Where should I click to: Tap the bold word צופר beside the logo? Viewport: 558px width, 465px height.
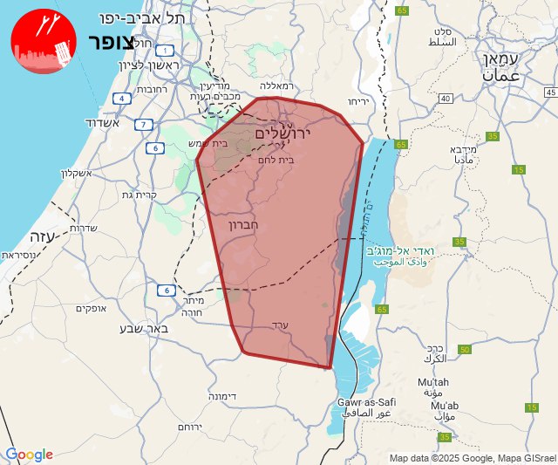point(112,43)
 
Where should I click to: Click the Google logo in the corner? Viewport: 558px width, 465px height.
point(29,455)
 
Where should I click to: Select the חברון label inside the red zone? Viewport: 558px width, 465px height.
point(268,224)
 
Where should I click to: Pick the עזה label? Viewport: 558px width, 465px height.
point(43,236)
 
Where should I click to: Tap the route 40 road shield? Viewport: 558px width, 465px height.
point(446,99)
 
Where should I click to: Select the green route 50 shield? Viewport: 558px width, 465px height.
point(465,349)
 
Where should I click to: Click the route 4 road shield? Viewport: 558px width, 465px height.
point(122,99)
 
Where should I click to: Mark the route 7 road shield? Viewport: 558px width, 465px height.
point(142,124)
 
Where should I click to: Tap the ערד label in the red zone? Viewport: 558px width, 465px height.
point(292,325)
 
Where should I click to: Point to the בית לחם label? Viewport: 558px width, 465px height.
point(276,161)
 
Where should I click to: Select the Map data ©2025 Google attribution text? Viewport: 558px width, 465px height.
point(440,458)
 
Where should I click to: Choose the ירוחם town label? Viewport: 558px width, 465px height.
point(189,427)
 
